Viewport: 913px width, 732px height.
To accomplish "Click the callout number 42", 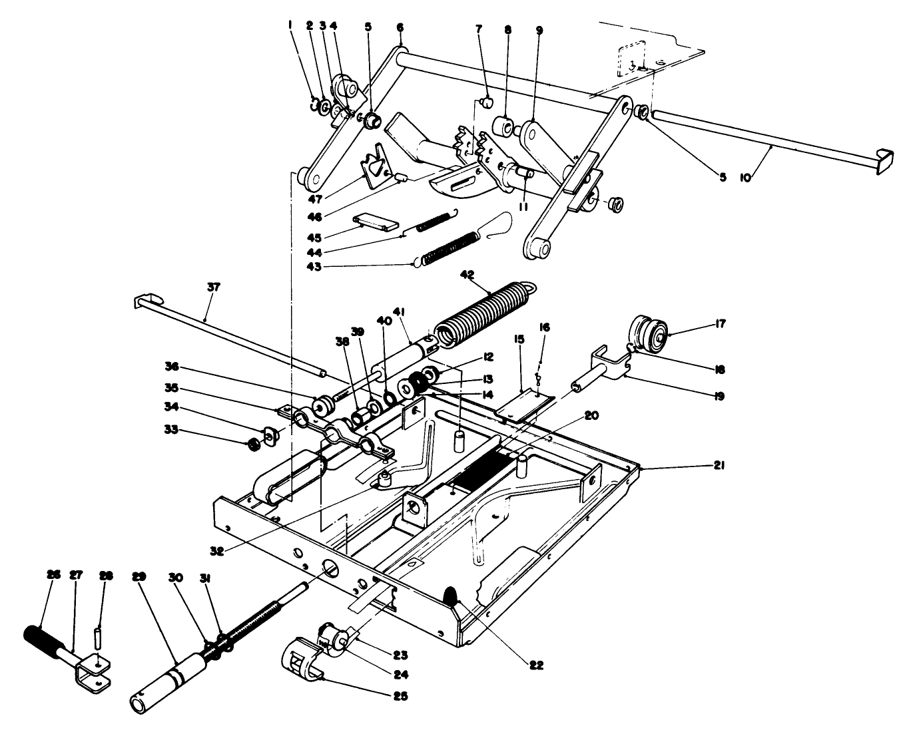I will click(465, 274).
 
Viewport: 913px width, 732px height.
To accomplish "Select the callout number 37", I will click(212, 288).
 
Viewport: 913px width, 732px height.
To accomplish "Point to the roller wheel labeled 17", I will click(649, 333).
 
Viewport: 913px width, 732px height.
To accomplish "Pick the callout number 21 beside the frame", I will click(718, 466).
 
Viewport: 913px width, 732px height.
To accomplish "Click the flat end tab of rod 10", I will click(883, 162).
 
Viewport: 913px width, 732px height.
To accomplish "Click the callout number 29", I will click(139, 576).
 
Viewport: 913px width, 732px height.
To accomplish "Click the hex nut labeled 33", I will click(253, 444).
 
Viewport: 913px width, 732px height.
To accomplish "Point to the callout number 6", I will click(400, 27).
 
